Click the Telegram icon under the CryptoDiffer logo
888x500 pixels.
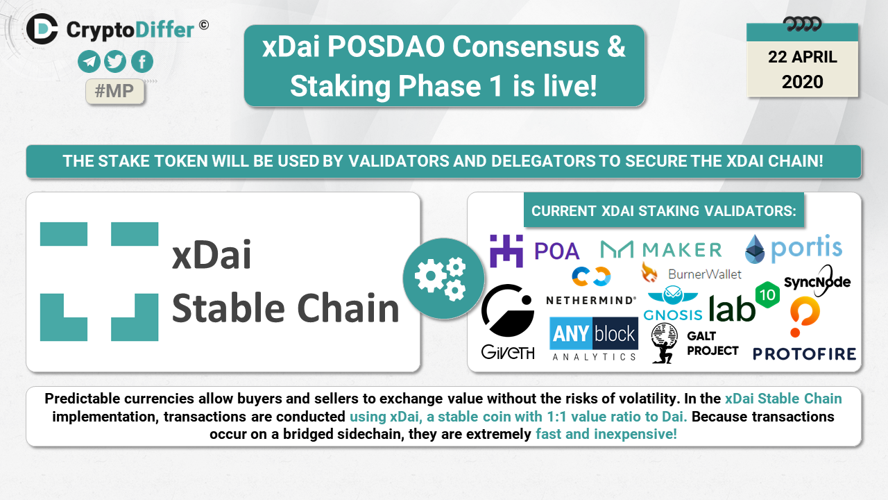tap(89, 62)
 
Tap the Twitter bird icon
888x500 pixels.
tap(115, 62)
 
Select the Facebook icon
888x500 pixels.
tap(142, 62)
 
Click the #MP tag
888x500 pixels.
tap(114, 91)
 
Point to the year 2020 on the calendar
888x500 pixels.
tap(803, 82)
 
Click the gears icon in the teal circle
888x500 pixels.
tap(441, 278)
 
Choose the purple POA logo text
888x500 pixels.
tap(557, 251)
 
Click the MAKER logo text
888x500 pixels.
tap(682, 250)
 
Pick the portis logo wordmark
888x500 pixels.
tap(806, 248)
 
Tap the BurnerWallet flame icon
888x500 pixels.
tap(649, 273)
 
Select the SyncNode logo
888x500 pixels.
tap(817, 281)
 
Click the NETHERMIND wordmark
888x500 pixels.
tap(591, 301)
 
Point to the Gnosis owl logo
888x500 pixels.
tap(673, 295)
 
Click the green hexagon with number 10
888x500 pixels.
tap(767, 295)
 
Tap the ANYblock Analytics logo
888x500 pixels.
tap(594, 339)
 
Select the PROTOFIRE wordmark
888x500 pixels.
tap(804, 354)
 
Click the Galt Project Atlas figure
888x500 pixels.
tap(664, 343)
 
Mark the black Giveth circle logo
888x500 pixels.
tap(508, 310)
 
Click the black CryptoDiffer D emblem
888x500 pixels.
tap(42, 28)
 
